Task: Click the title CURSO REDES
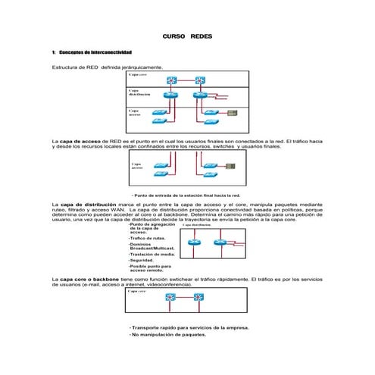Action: click(x=188, y=36)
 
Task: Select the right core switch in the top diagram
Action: click(x=200, y=80)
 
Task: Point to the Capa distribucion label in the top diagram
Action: click(x=139, y=93)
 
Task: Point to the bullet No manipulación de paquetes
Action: click(x=168, y=334)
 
